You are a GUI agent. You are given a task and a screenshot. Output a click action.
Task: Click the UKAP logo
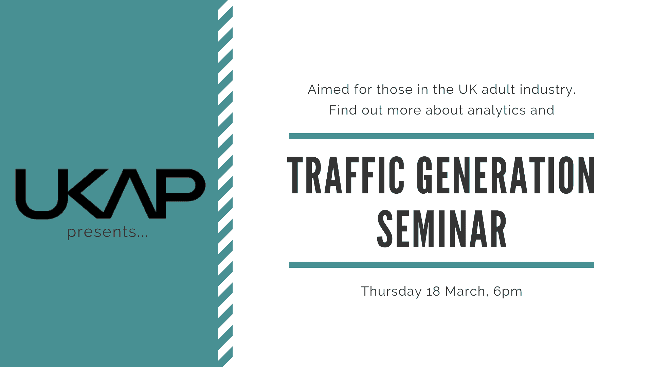(x=110, y=194)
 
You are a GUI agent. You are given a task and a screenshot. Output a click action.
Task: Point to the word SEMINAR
(x=442, y=229)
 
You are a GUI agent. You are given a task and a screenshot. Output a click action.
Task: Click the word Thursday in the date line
(x=391, y=292)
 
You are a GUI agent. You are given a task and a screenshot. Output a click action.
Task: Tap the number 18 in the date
(x=433, y=292)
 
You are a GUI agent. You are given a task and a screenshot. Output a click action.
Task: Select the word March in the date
(x=465, y=292)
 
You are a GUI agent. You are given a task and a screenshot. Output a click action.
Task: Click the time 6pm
(x=508, y=292)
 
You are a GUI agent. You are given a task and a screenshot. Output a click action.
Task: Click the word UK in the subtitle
(x=468, y=90)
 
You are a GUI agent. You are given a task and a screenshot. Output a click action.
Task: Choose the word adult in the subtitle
(x=499, y=89)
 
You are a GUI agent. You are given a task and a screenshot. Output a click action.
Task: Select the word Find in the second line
(x=343, y=110)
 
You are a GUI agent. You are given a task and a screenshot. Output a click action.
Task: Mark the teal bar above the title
(x=441, y=136)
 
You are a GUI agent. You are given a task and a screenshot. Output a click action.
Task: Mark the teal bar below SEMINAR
(x=441, y=265)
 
